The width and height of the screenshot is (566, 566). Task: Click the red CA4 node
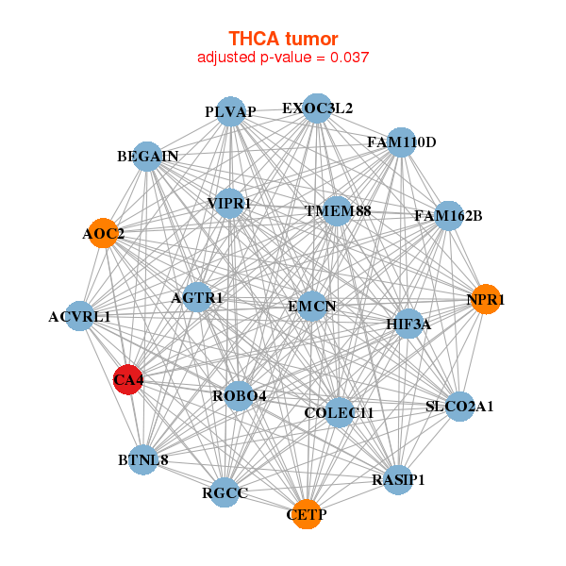tap(127, 380)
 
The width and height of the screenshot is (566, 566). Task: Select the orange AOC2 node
tap(104, 233)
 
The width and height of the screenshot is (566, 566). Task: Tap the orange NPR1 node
tap(485, 300)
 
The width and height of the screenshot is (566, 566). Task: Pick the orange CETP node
tap(306, 514)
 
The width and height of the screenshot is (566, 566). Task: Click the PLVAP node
tap(230, 112)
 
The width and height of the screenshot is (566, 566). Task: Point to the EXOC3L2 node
tap(317, 108)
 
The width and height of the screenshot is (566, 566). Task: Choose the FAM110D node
tap(401, 143)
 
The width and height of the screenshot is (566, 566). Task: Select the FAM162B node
tap(448, 216)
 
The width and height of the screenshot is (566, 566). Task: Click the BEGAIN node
tap(148, 156)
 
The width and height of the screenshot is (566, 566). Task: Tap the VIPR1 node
tap(229, 203)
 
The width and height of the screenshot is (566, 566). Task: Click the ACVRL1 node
tap(80, 317)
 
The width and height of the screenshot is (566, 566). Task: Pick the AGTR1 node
tap(197, 298)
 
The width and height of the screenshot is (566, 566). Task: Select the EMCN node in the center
tap(311, 306)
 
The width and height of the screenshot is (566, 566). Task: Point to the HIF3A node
tap(408, 325)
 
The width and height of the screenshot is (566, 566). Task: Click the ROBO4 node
tap(239, 395)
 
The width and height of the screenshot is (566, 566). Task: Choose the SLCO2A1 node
tap(459, 407)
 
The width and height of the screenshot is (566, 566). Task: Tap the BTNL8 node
tap(143, 460)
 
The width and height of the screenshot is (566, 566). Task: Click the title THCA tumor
tap(283, 38)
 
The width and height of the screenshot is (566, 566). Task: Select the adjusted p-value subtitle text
tap(283, 58)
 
